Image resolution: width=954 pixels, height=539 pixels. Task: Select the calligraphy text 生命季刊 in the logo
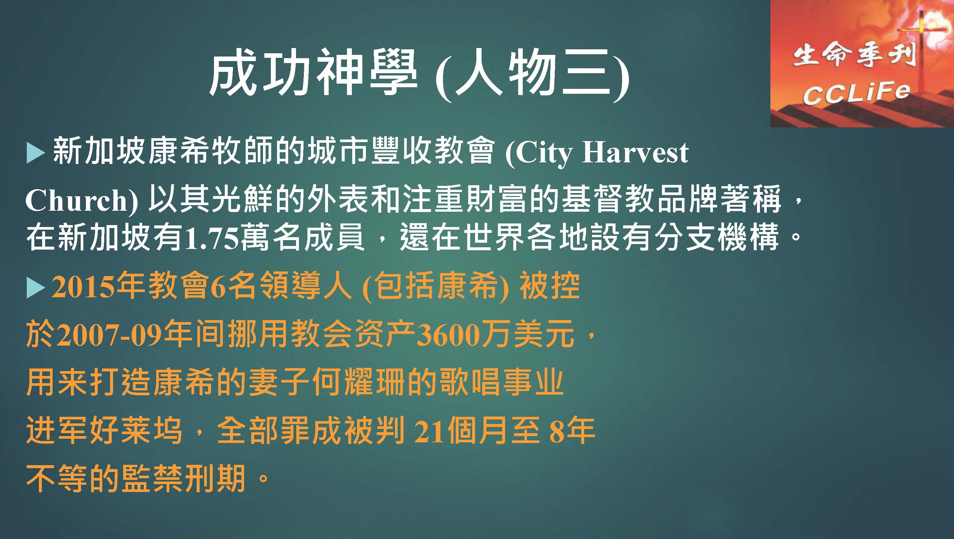[x=854, y=59]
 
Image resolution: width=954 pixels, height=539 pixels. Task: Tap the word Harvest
[x=635, y=152]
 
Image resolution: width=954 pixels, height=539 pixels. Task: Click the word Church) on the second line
[x=81, y=200]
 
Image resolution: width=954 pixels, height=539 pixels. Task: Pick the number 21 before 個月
[x=430, y=432]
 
